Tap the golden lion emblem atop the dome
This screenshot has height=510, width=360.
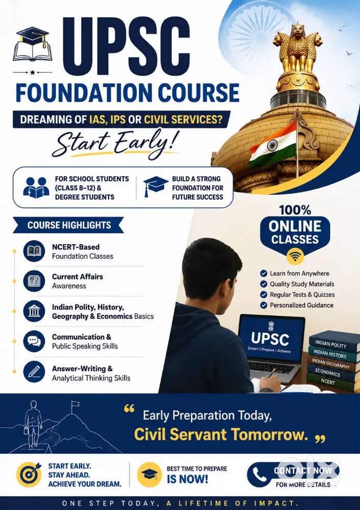point(298,49)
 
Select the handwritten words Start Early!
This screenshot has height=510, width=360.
point(116,143)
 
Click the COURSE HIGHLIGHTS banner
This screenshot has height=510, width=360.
point(68,225)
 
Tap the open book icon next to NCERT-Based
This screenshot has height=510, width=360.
point(34,251)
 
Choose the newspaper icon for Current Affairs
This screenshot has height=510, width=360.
point(34,281)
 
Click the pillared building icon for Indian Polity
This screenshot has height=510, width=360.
point(34,311)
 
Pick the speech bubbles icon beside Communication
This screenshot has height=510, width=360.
point(34,341)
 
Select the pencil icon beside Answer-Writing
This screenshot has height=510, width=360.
point(34,372)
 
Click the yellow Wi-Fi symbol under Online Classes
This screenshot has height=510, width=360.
point(295,257)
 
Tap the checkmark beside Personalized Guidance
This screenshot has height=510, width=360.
point(263,305)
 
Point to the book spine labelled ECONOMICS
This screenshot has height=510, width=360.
point(328,373)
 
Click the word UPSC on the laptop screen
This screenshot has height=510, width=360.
point(270,339)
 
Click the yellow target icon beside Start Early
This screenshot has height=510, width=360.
point(29,475)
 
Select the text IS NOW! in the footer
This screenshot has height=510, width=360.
point(187,479)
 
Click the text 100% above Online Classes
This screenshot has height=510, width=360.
point(295,210)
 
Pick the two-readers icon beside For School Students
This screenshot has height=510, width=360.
point(36,188)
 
